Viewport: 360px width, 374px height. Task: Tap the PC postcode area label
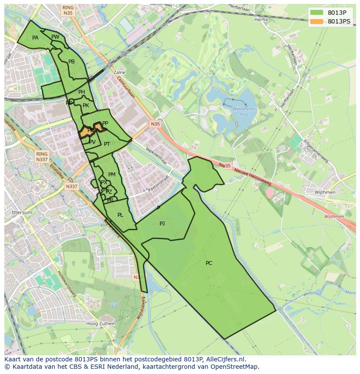tap(209, 263)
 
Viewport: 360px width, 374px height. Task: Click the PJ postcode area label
tap(162, 224)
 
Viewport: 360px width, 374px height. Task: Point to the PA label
tap(35, 38)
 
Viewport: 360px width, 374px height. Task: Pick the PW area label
tap(55, 37)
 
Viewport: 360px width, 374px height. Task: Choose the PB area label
tap(72, 62)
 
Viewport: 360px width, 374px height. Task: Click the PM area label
tap(112, 175)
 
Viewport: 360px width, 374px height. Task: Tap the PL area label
tap(120, 215)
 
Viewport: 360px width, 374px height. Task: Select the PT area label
tap(107, 144)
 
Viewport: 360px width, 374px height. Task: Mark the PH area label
tap(82, 92)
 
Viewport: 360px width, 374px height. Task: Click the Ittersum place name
tap(22, 213)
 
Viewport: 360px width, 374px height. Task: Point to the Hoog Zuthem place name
tap(101, 324)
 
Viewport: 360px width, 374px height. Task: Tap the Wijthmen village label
tap(326, 192)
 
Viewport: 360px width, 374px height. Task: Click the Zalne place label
tap(119, 73)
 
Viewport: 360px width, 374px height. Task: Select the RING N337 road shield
tap(42, 157)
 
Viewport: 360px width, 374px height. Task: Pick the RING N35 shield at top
tap(68, 10)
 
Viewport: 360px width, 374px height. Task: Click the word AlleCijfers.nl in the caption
tap(226, 359)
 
